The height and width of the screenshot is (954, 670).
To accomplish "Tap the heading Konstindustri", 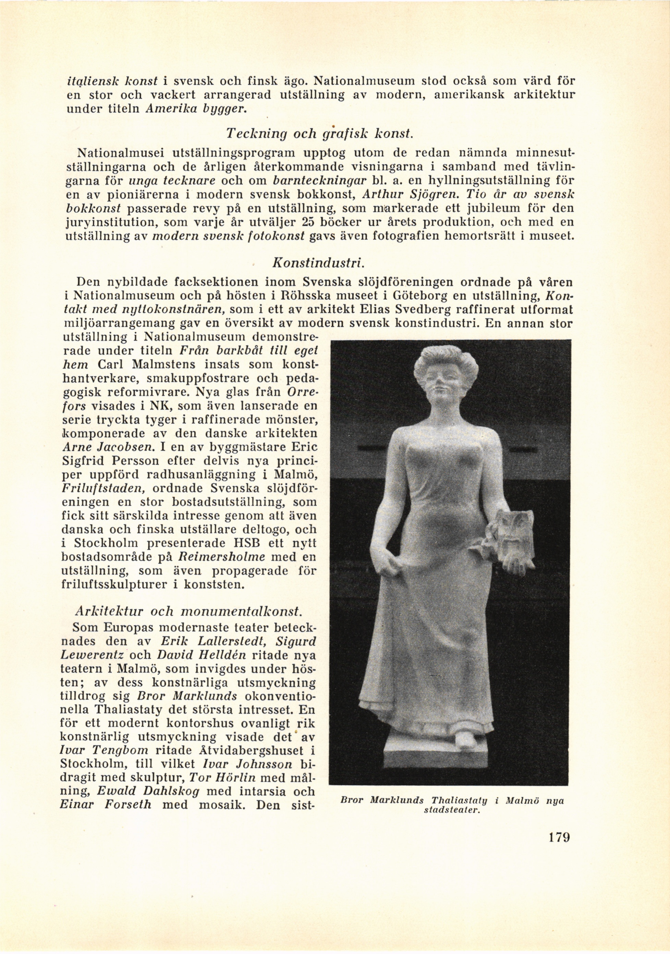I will [318, 263].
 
